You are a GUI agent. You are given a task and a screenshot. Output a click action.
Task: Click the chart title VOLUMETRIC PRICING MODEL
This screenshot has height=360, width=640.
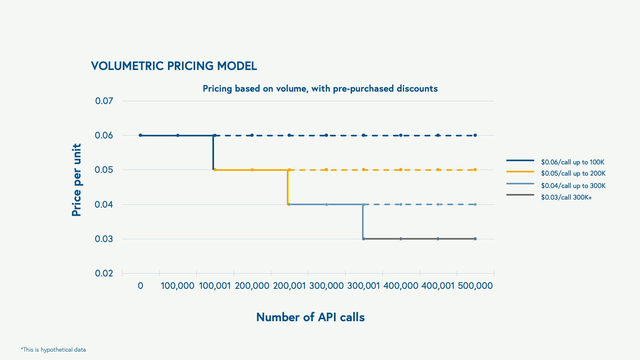point(174,66)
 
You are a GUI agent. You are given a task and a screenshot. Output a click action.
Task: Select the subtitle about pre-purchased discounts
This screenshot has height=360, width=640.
point(320,88)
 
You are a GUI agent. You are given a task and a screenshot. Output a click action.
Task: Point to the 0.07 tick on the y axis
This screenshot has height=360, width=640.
point(104,101)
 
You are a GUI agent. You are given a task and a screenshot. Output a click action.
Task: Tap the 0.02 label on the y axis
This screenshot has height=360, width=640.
point(104,273)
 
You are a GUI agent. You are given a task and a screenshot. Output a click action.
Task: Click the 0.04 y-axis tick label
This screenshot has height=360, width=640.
point(104,204)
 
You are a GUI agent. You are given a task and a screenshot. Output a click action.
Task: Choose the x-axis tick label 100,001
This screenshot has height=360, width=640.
point(215,286)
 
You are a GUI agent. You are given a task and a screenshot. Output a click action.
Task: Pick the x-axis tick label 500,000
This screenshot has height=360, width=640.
point(475,286)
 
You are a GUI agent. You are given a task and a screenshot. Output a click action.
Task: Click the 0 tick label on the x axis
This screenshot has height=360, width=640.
point(140,286)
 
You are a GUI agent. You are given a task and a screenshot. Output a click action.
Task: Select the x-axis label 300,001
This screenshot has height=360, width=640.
point(364,286)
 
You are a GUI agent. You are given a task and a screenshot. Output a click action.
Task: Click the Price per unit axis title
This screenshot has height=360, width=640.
point(76,180)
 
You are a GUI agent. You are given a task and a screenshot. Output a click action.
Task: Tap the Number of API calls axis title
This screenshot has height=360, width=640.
point(310,317)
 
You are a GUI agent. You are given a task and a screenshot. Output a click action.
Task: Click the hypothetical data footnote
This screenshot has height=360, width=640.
point(53,350)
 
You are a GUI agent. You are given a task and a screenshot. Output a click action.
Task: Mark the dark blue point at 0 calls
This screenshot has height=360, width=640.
point(140,135)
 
